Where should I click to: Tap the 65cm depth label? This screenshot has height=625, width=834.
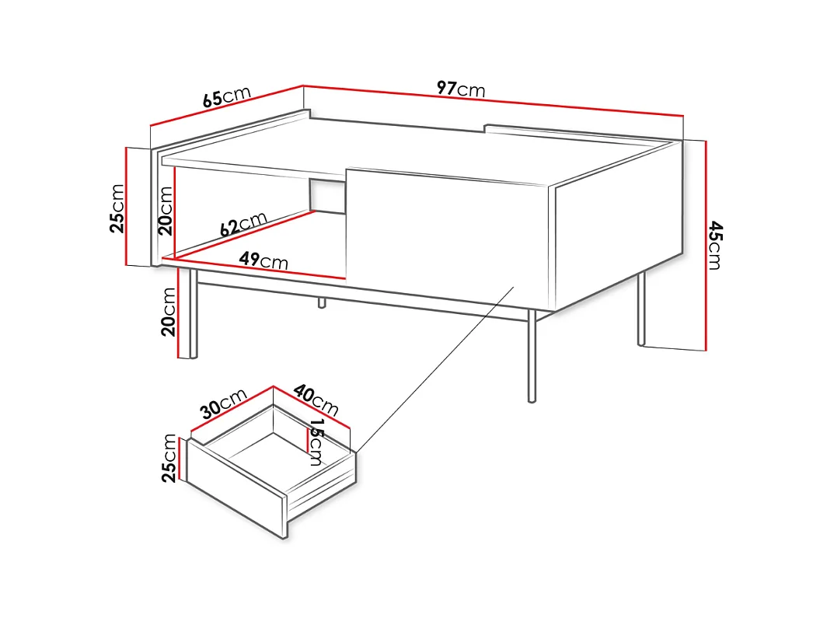(226, 97)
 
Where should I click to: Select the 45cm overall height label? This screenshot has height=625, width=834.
(715, 245)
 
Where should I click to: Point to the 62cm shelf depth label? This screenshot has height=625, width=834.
(243, 224)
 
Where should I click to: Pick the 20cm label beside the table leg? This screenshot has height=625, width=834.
(169, 311)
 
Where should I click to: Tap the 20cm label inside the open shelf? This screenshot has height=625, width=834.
(166, 209)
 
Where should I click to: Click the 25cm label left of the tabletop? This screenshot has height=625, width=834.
(117, 208)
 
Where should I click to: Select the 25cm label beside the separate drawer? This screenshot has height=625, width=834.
(169, 458)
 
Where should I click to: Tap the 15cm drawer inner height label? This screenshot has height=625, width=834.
(316, 442)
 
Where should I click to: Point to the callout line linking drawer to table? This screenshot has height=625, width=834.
(435, 368)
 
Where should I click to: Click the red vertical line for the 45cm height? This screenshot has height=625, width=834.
(706, 245)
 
